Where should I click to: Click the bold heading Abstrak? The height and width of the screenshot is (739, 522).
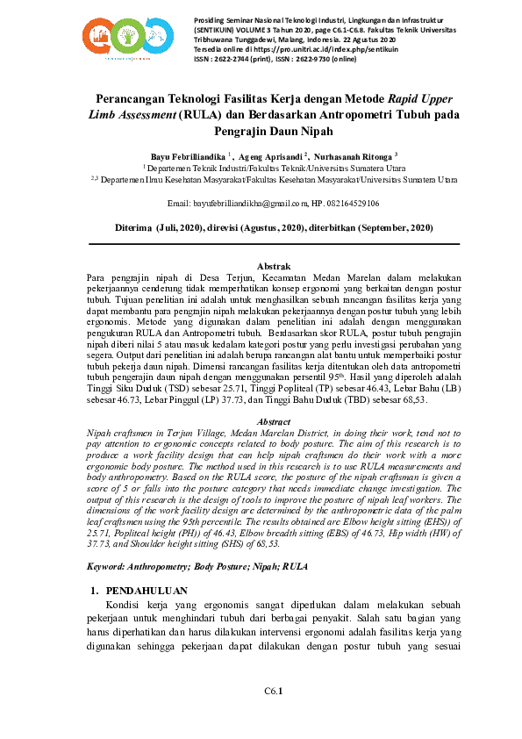tap(273, 265)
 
